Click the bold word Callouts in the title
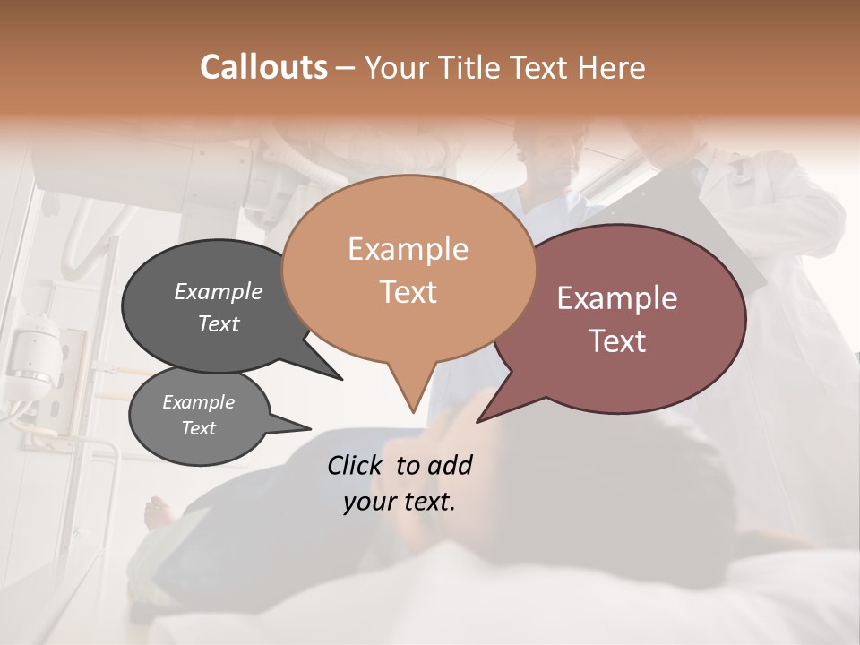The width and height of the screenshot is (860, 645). click(x=263, y=67)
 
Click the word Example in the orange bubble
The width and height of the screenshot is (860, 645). click(x=408, y=249)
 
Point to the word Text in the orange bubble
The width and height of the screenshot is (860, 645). click(x=408, y=292)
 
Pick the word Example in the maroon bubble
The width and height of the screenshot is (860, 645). click(x=617, y=298)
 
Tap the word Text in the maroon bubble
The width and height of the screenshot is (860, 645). click(x=617, y=341)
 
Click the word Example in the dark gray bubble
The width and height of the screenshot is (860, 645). click(x=218, y=291)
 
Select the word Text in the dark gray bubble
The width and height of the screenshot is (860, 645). click(x=218, y=323)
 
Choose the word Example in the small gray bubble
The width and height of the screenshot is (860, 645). click(x=198, y=402)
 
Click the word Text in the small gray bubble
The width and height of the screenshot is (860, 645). click(x=198, y=428)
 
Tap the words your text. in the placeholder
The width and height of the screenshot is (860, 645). click(x=400, y=502)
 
